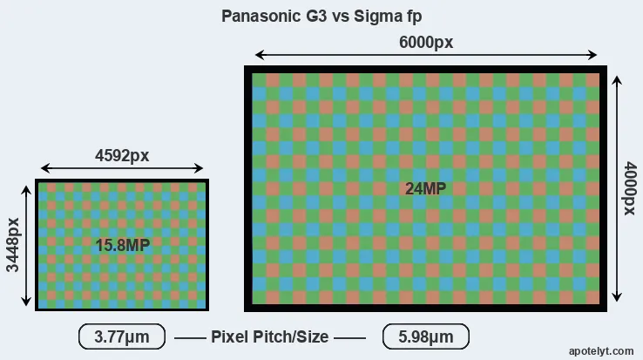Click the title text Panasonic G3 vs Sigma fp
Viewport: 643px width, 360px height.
(x=321, y=17)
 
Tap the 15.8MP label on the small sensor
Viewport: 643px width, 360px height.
(x=123, y=246)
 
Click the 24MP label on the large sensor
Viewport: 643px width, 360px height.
(x=426, y=189)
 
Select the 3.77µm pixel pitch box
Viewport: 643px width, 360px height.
(x=121, y=336)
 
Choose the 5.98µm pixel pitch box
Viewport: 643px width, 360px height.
(x=425, y=336)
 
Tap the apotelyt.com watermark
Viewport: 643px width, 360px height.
(x=601, y=350)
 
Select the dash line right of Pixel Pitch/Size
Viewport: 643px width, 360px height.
(x=350, y=337)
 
